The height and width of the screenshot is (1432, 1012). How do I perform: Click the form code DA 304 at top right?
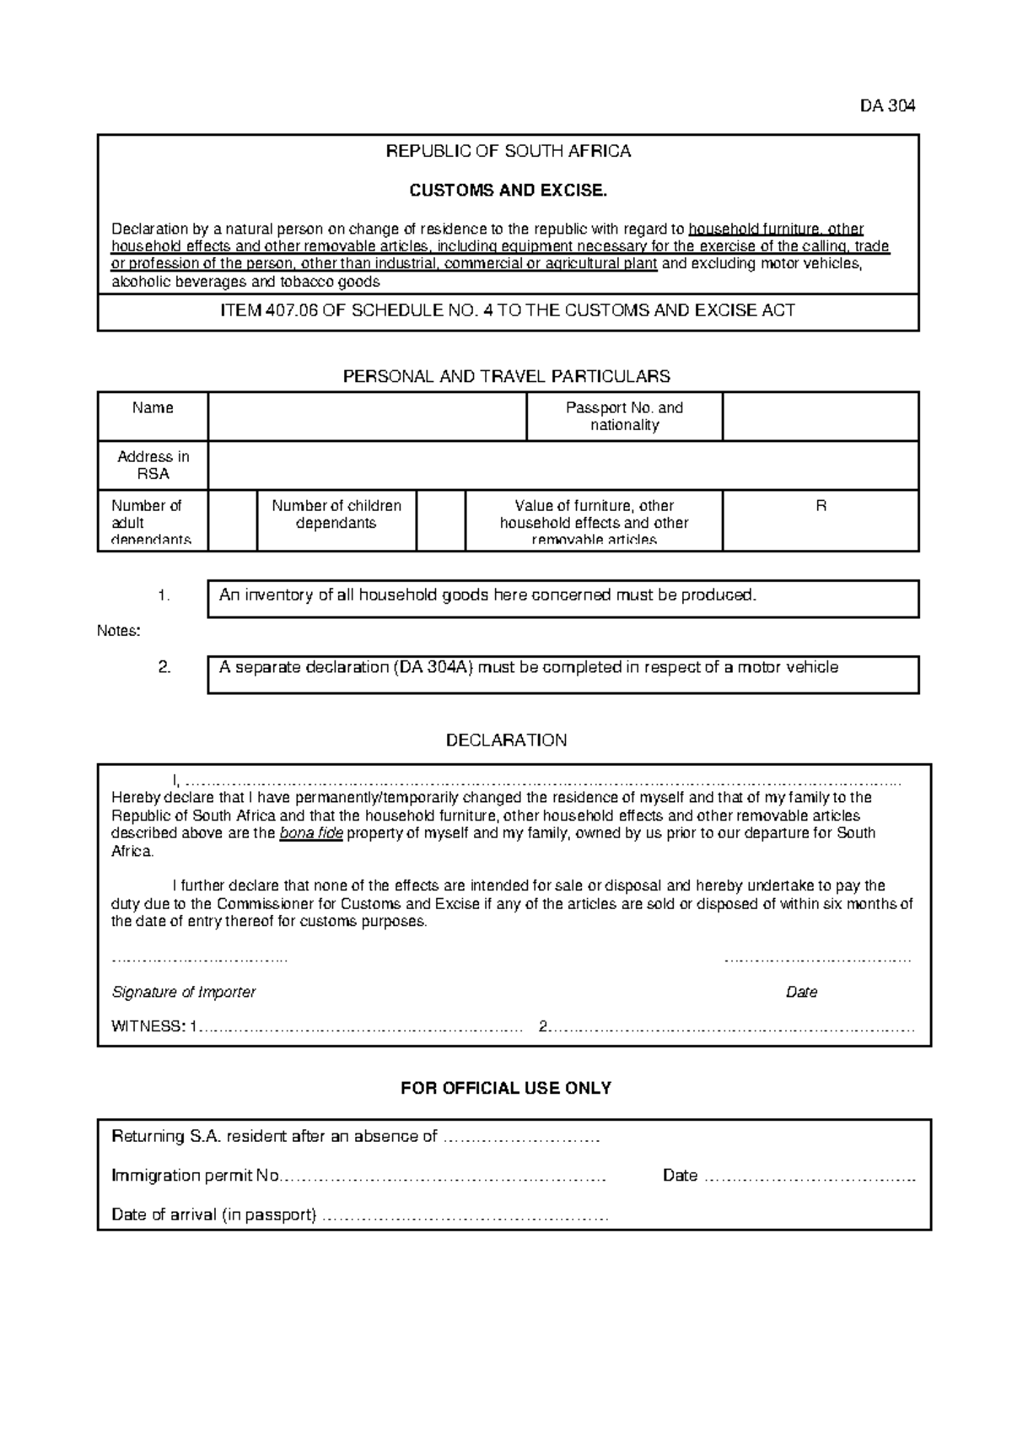point(887,106)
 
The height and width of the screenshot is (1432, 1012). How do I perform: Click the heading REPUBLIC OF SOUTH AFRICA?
point(508,152)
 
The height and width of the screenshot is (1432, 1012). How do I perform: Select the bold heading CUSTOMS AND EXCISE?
point(508,191)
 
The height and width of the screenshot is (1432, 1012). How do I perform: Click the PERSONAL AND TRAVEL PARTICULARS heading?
point(506,376)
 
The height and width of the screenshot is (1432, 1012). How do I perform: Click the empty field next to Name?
point(367,416)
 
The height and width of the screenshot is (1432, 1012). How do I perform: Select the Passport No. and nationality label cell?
point(624,416)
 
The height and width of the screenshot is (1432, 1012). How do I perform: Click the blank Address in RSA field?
point(563,465)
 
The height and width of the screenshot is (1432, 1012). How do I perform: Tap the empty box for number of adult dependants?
point(232,520)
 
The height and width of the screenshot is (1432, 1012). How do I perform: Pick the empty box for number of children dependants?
point(440,520)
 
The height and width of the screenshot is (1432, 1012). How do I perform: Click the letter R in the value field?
point(821,506)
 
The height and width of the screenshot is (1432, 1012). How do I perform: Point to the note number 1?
point(164,595)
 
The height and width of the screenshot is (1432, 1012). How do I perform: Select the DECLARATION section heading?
point(506,740)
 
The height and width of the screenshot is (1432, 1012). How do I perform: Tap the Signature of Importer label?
point(183,993)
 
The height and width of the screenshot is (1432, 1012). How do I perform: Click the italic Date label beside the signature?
point(801,993)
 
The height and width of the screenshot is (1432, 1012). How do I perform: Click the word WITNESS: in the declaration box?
point(148,1027)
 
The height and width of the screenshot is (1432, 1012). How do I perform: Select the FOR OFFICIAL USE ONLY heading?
point(506,1088)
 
